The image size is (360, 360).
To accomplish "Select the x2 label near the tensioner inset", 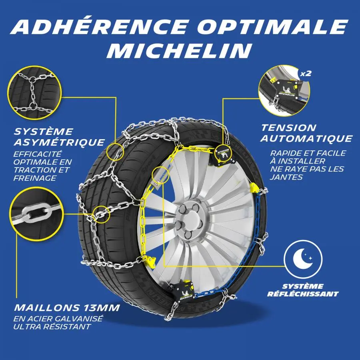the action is [x=306, y=74].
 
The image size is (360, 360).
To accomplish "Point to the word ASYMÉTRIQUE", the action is [x=59, y=142].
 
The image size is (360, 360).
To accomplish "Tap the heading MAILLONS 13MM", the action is [x=67, y=308].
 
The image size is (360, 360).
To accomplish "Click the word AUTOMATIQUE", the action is [x=306, y=138].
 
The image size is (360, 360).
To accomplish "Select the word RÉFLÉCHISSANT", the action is [x=303, y=294].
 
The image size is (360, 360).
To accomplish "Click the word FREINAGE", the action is [x=35, y=178].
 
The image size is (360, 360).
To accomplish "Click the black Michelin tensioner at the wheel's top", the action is [x=223, y=154].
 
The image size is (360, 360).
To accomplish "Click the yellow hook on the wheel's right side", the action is [x=254, y=188].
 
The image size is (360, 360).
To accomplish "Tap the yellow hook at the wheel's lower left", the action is [x=150, y=261].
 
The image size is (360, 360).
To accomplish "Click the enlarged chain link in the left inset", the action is [x=36, y=213].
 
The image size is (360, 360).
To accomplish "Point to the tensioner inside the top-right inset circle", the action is [x=286, y=89].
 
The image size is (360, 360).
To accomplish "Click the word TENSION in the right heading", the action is [x=289, y=128].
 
